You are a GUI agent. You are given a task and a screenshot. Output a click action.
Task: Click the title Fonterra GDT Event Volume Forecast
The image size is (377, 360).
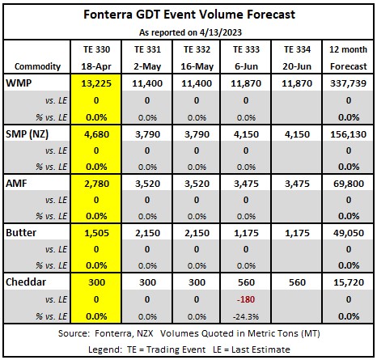(189, 15)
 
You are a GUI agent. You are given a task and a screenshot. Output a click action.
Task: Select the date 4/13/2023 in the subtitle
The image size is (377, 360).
(221, 32)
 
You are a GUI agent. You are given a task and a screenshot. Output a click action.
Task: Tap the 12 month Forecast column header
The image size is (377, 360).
(348, 57)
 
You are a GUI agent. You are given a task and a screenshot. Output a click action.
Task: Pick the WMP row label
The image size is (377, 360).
(19, 83)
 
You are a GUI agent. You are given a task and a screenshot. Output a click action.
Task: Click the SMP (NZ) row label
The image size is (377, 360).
(27, 134)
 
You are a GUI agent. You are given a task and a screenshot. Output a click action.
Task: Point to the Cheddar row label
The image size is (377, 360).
(26, 282)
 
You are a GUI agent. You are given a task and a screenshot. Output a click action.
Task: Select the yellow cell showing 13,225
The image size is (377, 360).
(96, 83)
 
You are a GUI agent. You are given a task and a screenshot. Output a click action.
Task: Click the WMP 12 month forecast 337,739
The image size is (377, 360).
(348, 83)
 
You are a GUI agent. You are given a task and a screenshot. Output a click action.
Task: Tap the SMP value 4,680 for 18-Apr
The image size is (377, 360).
(96, 134)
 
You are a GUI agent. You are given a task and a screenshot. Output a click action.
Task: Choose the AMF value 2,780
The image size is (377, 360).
(96, 184)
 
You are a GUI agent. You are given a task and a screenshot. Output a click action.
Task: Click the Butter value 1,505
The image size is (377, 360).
(96, 233)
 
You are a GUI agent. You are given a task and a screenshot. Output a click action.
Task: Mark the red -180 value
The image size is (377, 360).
(246, 299)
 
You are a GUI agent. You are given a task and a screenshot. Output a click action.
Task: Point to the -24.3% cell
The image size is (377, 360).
(246, 316)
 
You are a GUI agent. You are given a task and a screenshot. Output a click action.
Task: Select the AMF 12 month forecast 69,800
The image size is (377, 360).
(349, 184)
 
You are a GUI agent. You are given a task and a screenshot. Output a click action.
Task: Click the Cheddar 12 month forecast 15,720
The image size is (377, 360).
(349, 282)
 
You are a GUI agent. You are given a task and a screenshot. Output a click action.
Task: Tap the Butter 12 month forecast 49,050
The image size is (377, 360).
(349, 233)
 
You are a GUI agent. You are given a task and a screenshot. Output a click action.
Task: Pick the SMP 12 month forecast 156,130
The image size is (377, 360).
(348, 134)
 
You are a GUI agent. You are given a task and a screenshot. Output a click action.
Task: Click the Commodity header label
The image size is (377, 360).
(37, 66)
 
